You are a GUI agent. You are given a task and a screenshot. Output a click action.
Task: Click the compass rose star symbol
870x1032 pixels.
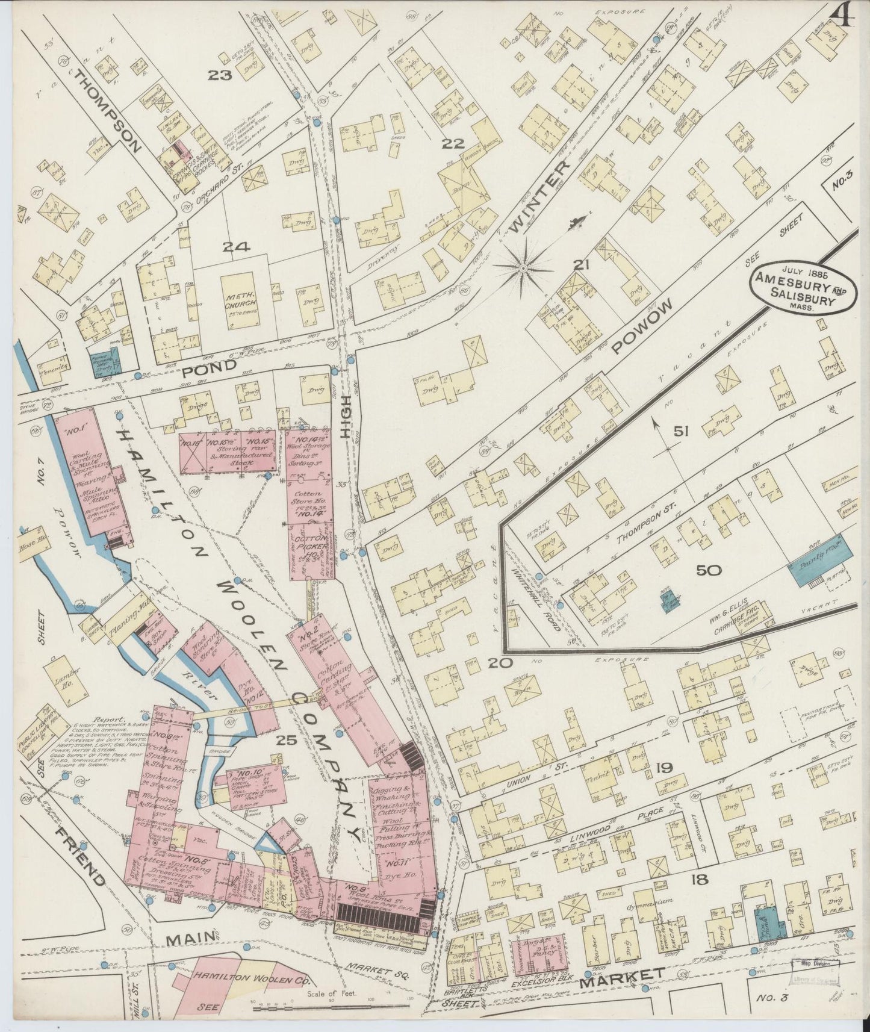pyautogui.click(x=523, y=266)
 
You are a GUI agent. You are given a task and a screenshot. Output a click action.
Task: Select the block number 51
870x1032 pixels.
pyautogui.click(x=680, y=431)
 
